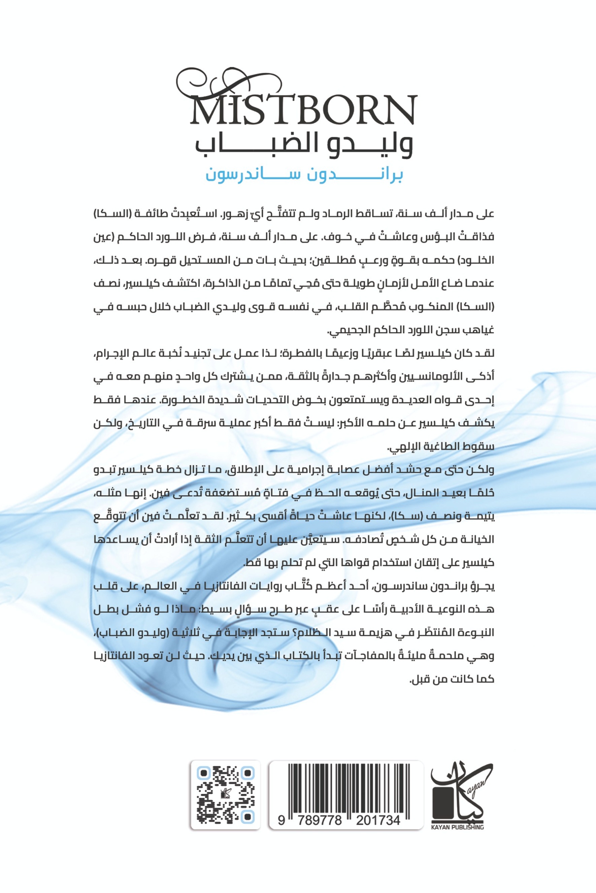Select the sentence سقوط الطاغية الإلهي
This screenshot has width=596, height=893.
(x=440, y=447)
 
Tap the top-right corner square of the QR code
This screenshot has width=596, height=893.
(x=247, y=772)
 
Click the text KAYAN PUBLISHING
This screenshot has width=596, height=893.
(x=458, y=827)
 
